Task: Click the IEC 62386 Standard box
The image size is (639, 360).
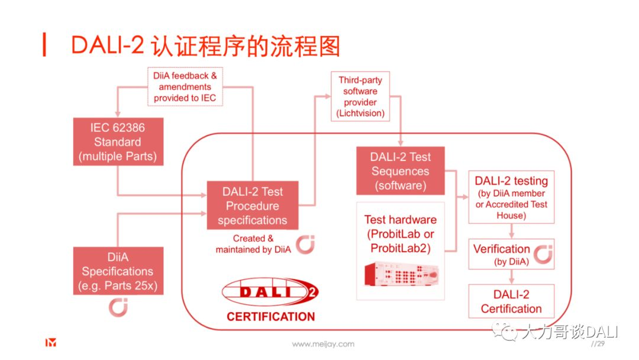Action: (x=118, y=142)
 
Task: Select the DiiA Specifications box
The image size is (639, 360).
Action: (x=118, y=271)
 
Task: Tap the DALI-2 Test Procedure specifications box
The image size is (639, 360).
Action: (x=253, y=205)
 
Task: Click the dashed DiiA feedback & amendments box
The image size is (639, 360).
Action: (x=185, y=87)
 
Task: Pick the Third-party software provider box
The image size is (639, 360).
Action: (x=360, y=97)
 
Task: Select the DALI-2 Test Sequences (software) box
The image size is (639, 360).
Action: (x=401, y=171)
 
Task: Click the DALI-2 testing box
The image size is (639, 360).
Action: (x=511, y=197)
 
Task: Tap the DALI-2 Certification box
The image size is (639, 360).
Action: (x=511, y=301)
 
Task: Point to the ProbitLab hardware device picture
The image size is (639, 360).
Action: (x=401, y=274)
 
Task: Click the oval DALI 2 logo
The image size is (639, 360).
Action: (x=270, y=292)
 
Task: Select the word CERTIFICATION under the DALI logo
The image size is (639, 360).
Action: (x=270, y=317)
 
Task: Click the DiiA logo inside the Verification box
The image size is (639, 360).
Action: (x=543, y=255)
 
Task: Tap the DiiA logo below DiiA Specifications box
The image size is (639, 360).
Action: (x=118, y=307)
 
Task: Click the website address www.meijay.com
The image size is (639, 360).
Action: (x=323, y=344)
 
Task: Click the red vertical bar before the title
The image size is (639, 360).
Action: (x=44, y=45)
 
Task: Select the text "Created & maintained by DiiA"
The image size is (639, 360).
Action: (x=253, y=244)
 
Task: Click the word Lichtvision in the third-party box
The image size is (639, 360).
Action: (x=360, y=113)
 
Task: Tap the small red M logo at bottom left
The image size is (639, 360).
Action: (x=51, y=343)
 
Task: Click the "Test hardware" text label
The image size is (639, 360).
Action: (x=401, y=220)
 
